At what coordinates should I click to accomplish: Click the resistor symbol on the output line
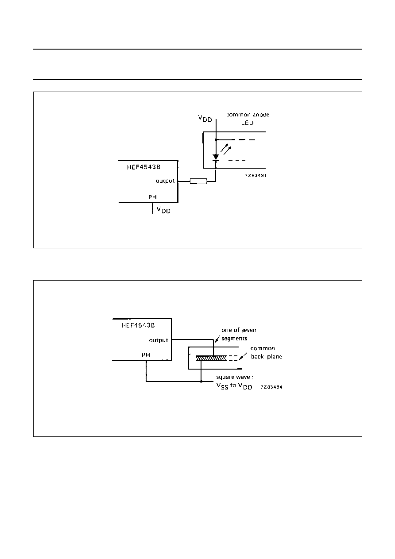point(198,181)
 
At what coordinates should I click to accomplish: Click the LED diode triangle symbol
point(216,157)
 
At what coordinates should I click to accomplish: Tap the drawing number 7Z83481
point(256,175)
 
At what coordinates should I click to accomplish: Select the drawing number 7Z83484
point(271,387)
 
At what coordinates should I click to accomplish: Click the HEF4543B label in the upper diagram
point(143,167)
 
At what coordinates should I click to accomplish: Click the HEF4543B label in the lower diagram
point(138,325)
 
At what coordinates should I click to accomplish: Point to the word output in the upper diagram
point(165,181)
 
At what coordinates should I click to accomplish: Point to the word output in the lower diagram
point(159,340)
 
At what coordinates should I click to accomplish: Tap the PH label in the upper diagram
point(153,197)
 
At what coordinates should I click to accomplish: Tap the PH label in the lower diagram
point(146,355)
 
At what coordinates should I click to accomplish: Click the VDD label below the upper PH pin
point(163,210)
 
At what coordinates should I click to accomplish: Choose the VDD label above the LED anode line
point(205,119)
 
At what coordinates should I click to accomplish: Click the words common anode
point(248,115)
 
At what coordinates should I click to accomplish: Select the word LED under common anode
point(248,123)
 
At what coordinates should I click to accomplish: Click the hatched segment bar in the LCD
point(211,358)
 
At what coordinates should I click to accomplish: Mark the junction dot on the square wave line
point(201,382)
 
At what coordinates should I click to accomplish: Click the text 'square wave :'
point(234,377)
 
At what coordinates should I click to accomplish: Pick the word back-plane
point(267,357)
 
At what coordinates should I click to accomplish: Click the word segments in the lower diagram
point(234,339)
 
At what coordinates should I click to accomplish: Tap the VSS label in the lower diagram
point(222,386)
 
